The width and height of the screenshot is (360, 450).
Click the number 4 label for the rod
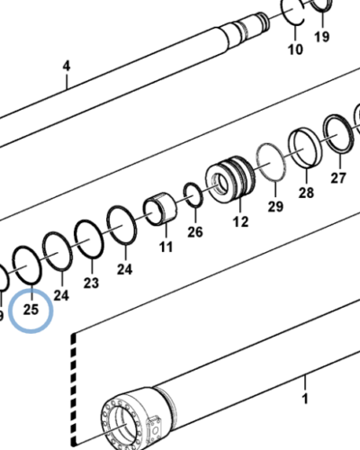point(66,67)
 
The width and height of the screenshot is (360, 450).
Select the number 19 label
point(321,37)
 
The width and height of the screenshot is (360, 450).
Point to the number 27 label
point(338,178)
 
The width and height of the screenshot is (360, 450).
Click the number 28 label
point(306,193)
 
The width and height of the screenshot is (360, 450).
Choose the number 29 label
point(274,207)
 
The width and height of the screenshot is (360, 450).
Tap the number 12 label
point(240,221)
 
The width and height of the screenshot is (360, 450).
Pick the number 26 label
point(195,232)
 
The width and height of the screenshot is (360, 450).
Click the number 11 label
point(166,247)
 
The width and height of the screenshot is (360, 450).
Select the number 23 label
point(91,283)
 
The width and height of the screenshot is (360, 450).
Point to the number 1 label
point(304,397)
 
